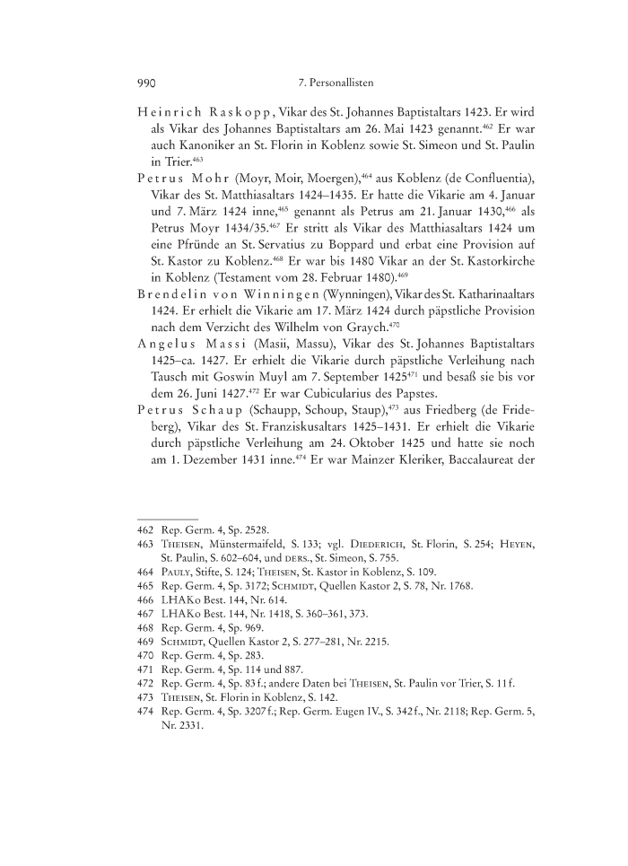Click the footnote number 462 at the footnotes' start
(x=146, y=530)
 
